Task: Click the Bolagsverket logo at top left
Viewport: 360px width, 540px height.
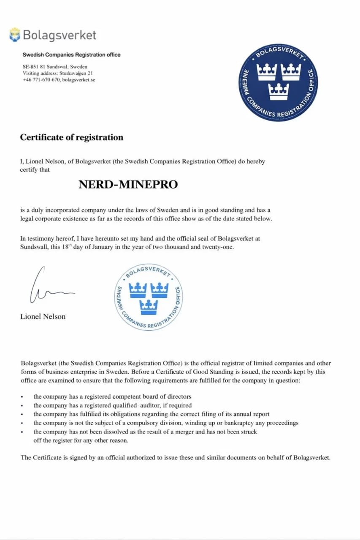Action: [x=53, y=35]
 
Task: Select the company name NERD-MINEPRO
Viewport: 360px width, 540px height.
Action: [x=128, y=184]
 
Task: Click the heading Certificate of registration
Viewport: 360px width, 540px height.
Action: [x=72, y=138]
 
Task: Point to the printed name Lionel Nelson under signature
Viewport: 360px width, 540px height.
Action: [x=43, y=316]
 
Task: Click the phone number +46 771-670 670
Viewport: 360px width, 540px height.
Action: [x=41, y=80]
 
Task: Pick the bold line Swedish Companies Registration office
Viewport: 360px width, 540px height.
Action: [x=71, y=55]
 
